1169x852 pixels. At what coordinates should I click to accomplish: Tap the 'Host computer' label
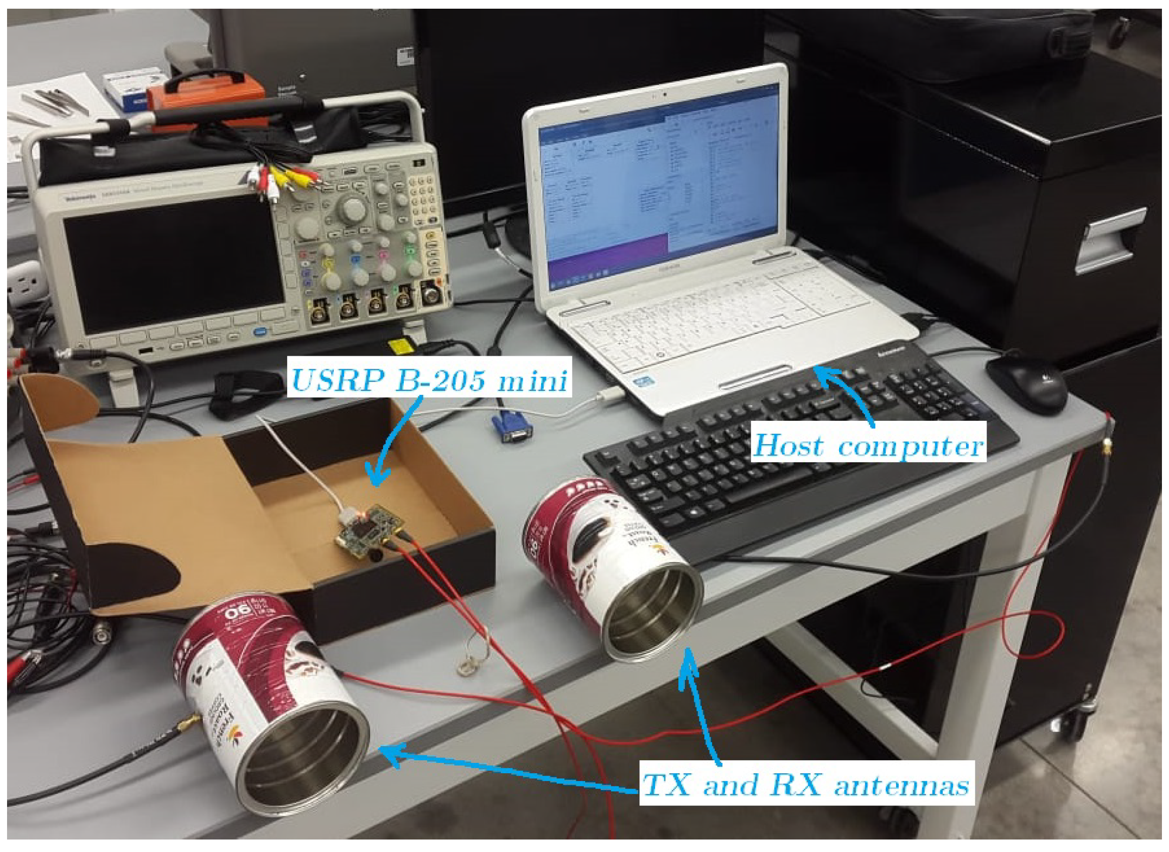coord(867,445)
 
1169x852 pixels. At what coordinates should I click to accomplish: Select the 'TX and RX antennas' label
coord(805,784)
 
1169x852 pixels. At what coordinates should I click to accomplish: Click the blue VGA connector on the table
coord(511,426)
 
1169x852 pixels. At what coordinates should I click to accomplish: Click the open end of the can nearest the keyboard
coord(654,611)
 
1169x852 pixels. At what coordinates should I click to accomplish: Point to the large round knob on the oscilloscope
coord(352,207)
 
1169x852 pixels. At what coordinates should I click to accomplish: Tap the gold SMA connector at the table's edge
coord(1105,449)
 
